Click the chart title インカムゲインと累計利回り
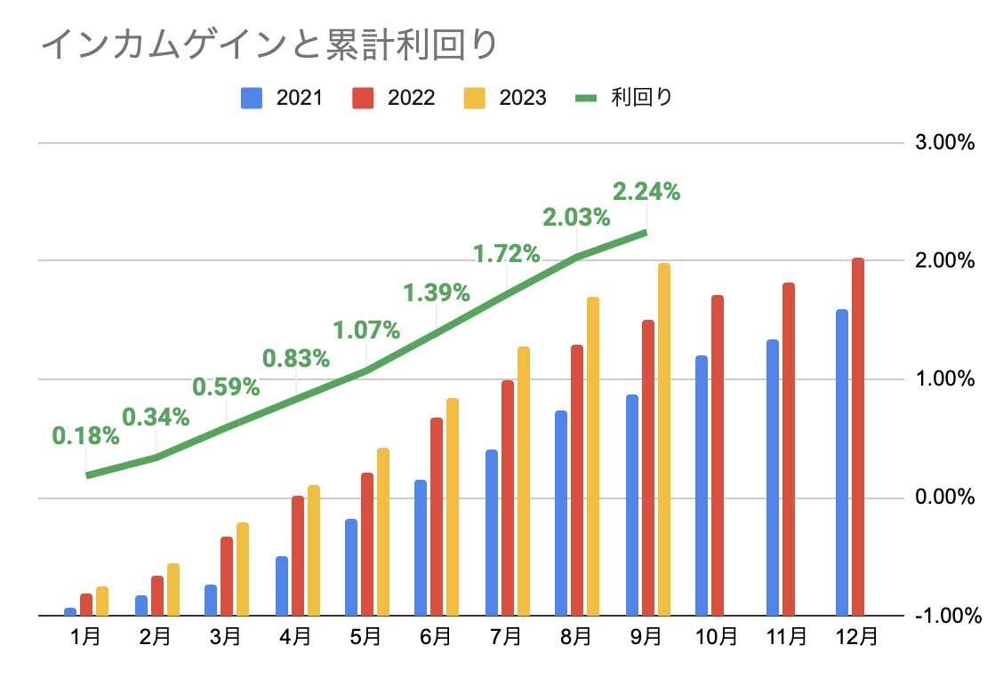tap(267, 45)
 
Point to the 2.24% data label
tap(646, 191)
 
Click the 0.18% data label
tap(85, 435)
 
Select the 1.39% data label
tap(436, 291)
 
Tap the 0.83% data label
tap(296, 359)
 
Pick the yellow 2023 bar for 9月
tap(663, 439)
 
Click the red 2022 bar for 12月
tap(858, 436)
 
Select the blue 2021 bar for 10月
tap(702, 485)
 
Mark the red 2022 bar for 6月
tap(437, 516)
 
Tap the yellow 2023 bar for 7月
tap(524, 481)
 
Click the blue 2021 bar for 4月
tap(282, 585)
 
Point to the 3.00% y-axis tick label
tap(944, 143)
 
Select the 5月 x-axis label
tap(365, 637)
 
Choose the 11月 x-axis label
tap(788, 637)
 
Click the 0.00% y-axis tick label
tap(944, 498)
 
